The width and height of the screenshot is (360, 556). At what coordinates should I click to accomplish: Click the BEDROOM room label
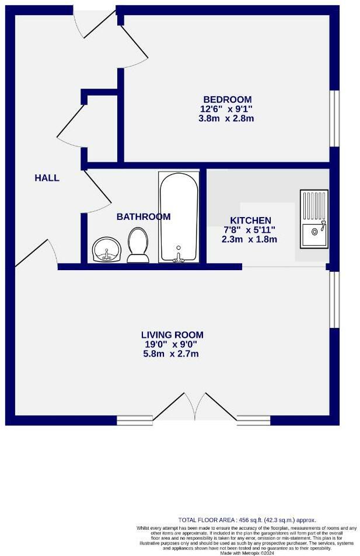(x=227, y=99)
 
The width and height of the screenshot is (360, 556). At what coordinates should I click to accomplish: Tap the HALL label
(x=47, y=178)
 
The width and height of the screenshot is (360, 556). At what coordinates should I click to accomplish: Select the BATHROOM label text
(x=144, y=216)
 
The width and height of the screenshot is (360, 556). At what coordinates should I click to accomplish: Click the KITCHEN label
(x=250, y=220)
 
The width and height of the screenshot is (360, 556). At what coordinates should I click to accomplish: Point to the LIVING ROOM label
(x=172, y=335)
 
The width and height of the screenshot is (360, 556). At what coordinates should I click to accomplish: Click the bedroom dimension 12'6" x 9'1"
(x=227, y=109)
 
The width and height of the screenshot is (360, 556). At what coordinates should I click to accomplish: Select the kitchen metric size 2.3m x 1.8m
(x=249, y=239)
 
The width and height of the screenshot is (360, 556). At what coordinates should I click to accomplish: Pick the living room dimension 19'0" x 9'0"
(x=172, y=344)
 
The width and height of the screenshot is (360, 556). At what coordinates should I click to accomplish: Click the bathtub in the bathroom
(x=179, y=217)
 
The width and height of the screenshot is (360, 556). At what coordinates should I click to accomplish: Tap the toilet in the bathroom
(x=138, y=244)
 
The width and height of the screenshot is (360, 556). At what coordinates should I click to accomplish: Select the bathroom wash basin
(x=106, y=250)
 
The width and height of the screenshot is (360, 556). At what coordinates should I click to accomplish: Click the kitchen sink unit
(x=314, y=218)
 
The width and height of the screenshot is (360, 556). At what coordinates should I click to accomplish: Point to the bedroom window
(x=334, y=118)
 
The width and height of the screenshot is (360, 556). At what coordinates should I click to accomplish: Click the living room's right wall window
(x=334, y=300)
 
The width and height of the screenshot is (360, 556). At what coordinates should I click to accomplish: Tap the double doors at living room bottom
(x=194, y=407)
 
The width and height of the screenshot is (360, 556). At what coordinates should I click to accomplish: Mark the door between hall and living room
(x=36, y=252)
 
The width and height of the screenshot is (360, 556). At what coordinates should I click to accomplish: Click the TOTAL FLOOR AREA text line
(x=247, y=519)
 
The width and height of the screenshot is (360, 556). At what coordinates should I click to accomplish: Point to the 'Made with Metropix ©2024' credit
(x=247, y=552)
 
